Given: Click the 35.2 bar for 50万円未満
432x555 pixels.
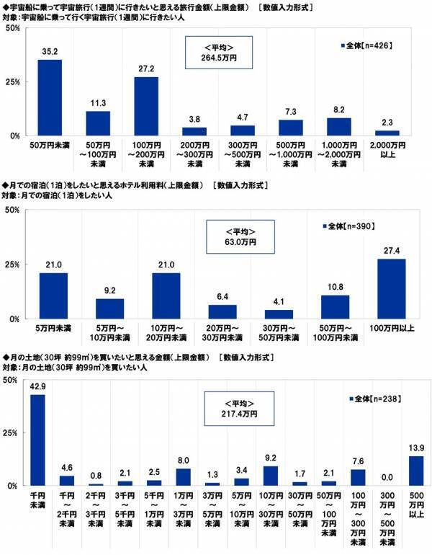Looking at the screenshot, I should tap(50, 97).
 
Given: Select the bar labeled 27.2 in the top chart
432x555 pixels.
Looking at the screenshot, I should tap(145, 106).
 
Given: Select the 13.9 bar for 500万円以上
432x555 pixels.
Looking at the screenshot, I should tap(416, 471).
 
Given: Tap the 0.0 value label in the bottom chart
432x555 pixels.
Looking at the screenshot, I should tap(387, 479).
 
